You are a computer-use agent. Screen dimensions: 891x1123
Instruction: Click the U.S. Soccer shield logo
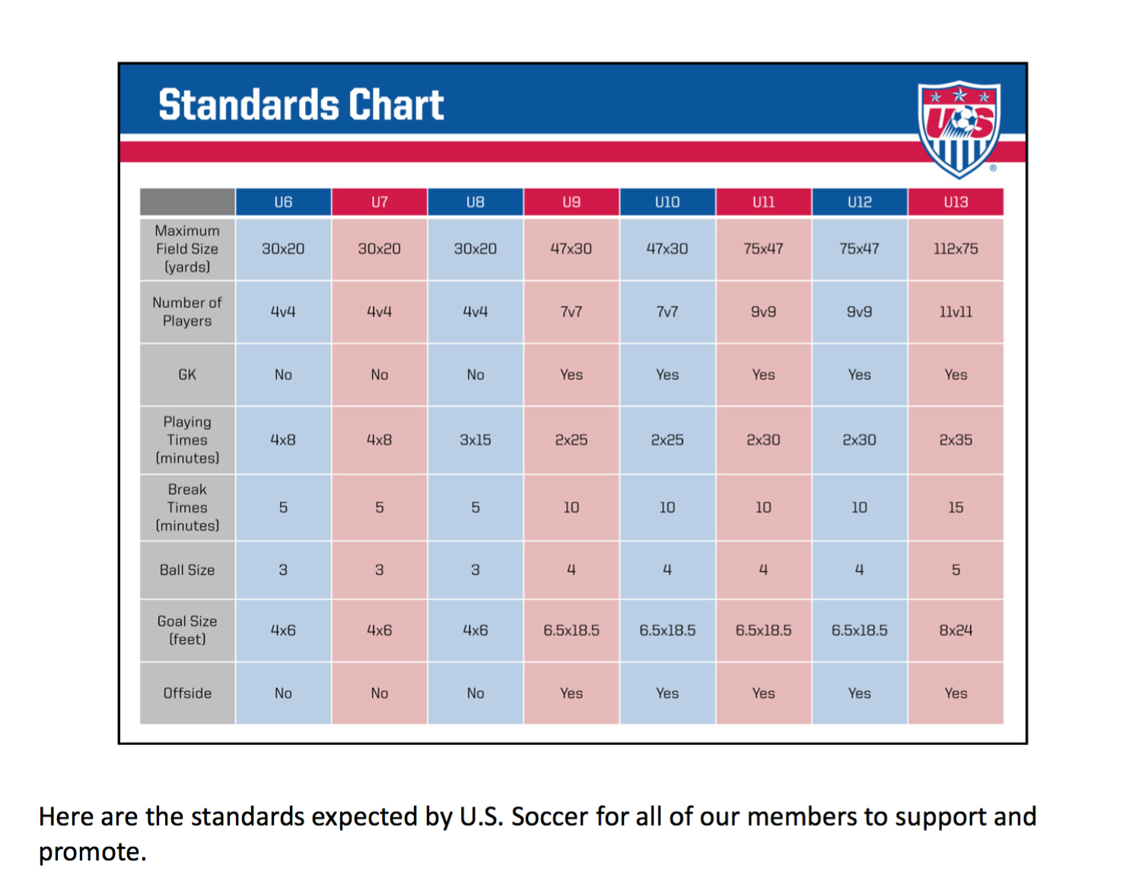(959, 128)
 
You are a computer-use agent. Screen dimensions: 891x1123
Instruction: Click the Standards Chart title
(301, 105)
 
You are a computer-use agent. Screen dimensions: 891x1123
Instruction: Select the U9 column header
(571, 202)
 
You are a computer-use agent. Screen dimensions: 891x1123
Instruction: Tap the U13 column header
(956, 202)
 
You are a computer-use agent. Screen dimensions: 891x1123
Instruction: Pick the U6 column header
(283, 202)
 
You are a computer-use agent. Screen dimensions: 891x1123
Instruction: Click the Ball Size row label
(187, 570)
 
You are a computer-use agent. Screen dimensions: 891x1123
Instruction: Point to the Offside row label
(187, 693)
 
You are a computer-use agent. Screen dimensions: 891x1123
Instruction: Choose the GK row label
(187, 375)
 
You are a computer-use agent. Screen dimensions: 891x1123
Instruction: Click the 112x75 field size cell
(956, 249)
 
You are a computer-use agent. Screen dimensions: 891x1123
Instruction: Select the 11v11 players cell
(956, 312)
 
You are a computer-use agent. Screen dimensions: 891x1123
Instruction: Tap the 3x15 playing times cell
(476, 440)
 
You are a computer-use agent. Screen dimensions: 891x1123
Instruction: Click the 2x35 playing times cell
(956, 440)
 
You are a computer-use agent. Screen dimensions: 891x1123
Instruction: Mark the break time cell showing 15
(956, 507)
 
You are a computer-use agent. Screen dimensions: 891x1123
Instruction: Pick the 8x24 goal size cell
(956, 630)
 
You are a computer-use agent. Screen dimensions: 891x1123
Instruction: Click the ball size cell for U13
(956, 570)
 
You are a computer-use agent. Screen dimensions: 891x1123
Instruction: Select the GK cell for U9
(571, 375)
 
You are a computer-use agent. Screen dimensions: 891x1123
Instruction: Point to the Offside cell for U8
(476, 693)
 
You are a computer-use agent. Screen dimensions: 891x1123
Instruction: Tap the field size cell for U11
(763, 249)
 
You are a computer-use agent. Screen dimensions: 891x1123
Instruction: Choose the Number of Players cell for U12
(859, 312)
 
